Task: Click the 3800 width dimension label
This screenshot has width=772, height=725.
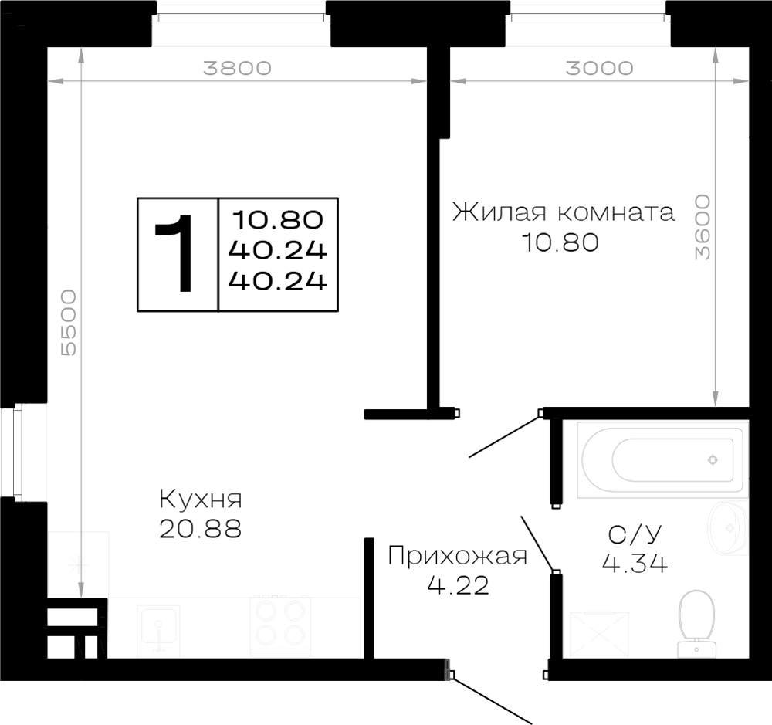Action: coord(237,68)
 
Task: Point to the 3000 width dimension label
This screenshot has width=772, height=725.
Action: coord(599,68)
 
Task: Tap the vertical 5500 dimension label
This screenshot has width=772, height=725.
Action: coord(69,323)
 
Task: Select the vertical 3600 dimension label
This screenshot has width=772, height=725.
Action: coord(703,227)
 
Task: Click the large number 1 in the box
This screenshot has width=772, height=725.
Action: coord(176,254)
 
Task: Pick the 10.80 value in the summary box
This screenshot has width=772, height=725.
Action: coord(278,220)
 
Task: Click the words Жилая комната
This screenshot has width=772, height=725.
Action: coord(564,213)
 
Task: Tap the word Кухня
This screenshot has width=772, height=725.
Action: coord(201,500)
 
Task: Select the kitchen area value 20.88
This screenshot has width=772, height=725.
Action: coord(201,529)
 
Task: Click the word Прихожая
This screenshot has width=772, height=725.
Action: coord(457,557)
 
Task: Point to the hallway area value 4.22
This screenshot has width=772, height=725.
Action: coord(458,585)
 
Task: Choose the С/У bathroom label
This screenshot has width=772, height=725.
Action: coord(635,535)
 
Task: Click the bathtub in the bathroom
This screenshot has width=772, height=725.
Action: coord(662,460)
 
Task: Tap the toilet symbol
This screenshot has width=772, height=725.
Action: coord(696,624)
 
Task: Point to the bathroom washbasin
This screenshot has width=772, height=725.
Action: coord(729,527)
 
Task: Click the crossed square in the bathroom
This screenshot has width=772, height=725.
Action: coord(599,635)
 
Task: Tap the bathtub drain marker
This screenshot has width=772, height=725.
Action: coord(713,460)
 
